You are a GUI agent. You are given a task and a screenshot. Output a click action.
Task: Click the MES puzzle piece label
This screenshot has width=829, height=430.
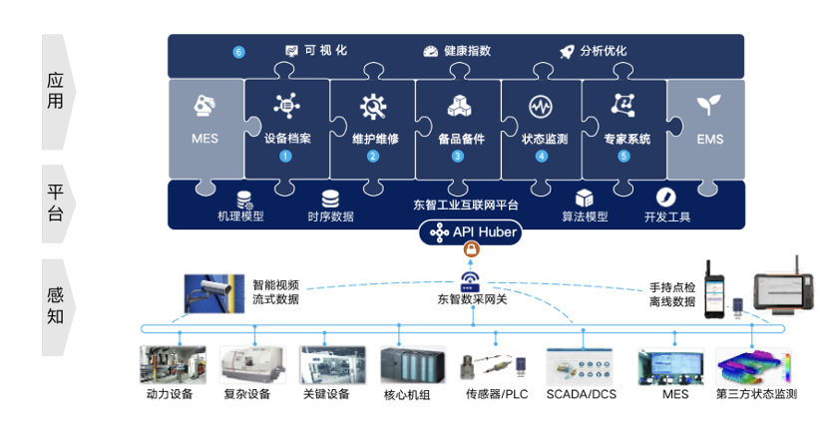pyautogui.click(x=205, y=139)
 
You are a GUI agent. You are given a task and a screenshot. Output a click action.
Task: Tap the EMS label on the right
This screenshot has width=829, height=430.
pyautogui.click(x=710, y=139)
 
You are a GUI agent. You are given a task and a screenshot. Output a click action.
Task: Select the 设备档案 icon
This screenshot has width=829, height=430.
pyautogui.click(x=287, y=106)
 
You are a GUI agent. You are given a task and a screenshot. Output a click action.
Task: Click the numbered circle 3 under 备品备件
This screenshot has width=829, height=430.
pyautogui.click(x=458, y=156)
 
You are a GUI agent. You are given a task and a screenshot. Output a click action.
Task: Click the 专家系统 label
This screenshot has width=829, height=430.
pyautogui.click(x=626, y=139)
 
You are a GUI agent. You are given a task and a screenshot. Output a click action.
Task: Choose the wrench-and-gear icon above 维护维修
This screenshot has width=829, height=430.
pyautogui.click(x=373, y=106)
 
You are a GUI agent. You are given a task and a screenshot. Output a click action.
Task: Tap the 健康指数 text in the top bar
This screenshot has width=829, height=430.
pyautogui.click(x=467, y=51)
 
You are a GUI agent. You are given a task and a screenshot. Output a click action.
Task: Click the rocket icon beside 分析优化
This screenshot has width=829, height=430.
pyautogui.click(x=567, y=51)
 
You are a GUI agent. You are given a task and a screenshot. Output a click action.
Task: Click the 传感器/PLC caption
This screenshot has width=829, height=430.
pyautogui.click(x=496, y=394)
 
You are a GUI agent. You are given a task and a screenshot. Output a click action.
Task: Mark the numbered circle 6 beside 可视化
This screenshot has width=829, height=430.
pyautogui.click(x=238, y=52)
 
